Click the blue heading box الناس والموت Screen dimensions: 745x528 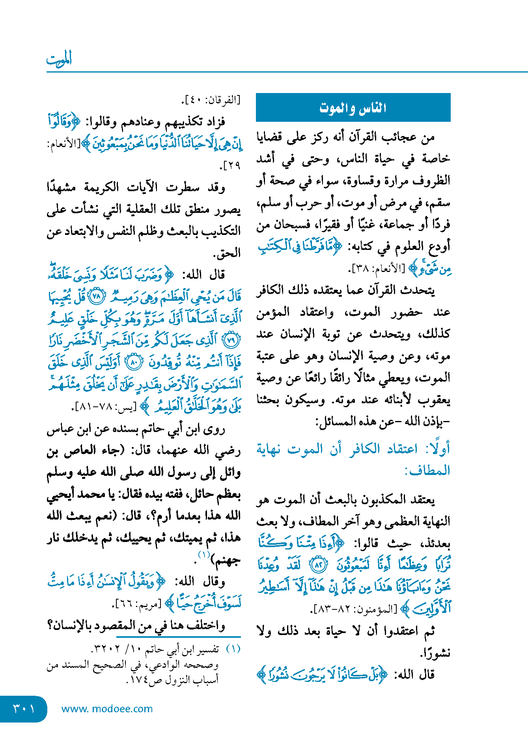(x=353, y=107)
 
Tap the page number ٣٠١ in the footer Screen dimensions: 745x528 (x=24, y=708)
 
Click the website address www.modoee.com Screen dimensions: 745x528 (x=107, y=709)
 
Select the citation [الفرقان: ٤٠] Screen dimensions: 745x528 (x=211, y=100)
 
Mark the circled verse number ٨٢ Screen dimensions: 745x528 (x=319, y=565)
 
